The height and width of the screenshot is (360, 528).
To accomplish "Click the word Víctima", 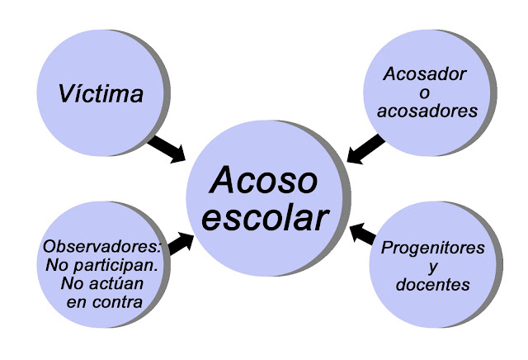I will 101,92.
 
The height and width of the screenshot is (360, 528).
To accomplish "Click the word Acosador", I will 425,74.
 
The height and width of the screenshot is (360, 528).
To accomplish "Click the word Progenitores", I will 433,248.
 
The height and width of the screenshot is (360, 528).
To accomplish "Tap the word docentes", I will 433,285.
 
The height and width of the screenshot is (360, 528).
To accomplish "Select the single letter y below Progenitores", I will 433,268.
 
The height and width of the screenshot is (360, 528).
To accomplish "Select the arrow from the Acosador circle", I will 365,149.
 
